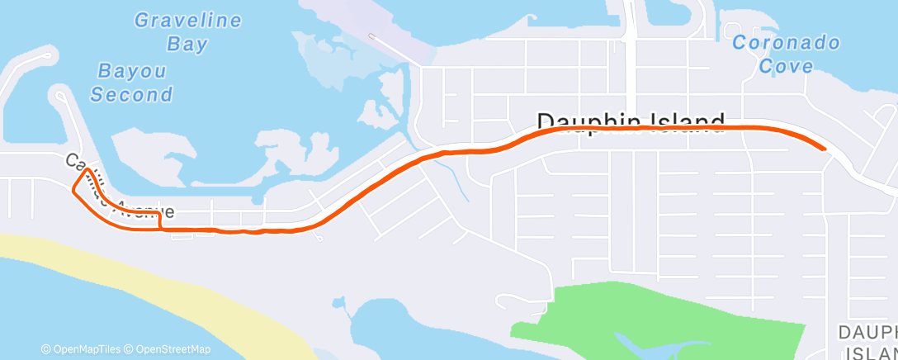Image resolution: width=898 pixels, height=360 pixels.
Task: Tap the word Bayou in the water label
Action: pyautogui.click(x=132, y=71)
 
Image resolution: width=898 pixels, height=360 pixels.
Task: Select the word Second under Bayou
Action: pyautogui.click(x=131, y=94)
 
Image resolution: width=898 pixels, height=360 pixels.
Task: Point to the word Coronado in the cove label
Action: pyautogui.click(x=786, y=43)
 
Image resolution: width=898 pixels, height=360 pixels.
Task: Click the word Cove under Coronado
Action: pyautogui.click(x=786, y=66)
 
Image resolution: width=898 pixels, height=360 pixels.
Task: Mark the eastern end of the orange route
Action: pyautogui.click(x=823, y=148)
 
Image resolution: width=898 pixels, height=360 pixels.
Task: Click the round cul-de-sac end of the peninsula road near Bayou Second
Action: pyautogui.click(x=60, y=95)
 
